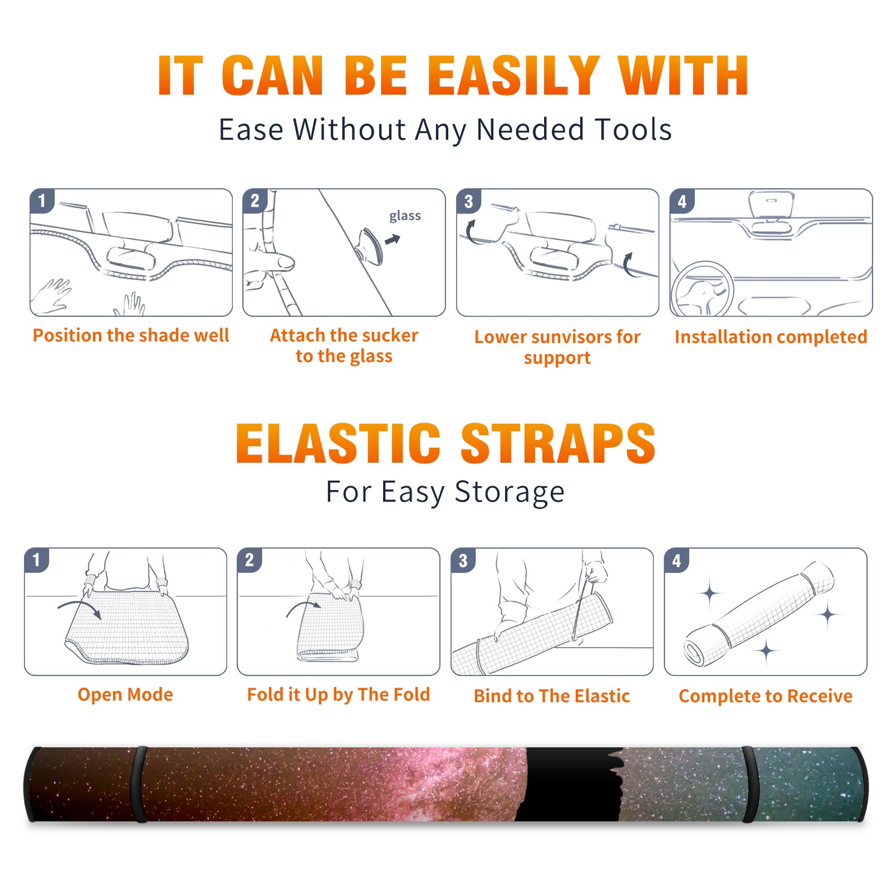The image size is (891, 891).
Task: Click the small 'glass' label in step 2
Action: click(x=405, y=216)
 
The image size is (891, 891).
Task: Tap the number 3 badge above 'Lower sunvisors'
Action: click(x=469, y=202)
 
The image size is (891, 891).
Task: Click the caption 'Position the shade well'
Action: click(x=131, y=335)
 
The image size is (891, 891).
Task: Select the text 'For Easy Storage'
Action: click(x=445, y=492)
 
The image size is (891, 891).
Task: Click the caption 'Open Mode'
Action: click(x=125, y=694)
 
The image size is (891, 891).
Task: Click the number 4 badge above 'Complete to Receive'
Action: click(x=677, y=560)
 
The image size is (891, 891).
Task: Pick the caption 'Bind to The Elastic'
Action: click(x=552, y=696)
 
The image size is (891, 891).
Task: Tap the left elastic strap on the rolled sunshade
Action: click(x=139, y=784)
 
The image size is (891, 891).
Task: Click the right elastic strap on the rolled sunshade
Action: click(x=748, y=784)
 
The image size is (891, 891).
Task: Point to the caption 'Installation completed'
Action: click(x=771, y=337)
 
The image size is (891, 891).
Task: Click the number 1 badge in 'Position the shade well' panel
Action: click(x=42, y=200)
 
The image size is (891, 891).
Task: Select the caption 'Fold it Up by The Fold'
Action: click(x=339, y=695)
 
